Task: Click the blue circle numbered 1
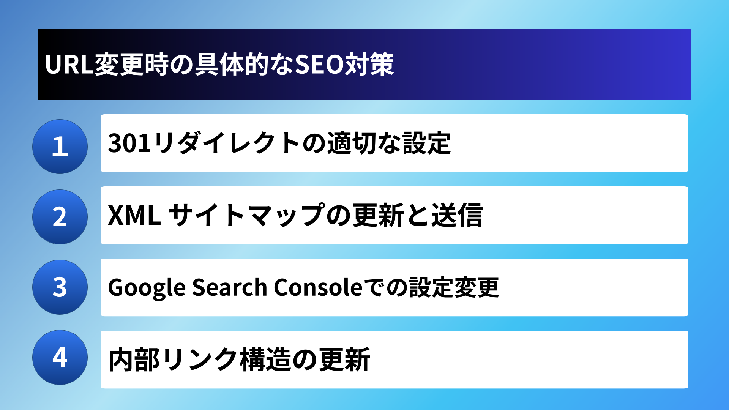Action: [x=60, y=147]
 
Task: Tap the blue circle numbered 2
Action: [x=60, y=217]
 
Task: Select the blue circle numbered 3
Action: [x=60, y=287]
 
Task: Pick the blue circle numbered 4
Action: [x=60, y=357]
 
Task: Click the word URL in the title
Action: [x=69, y=65]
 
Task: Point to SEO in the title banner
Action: [x=319, y=65]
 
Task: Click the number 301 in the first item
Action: [x=129, y=143]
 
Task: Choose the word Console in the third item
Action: [x=318, y=287]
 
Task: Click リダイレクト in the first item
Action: [x=227, y=143]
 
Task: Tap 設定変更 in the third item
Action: [x=454, y=287]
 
